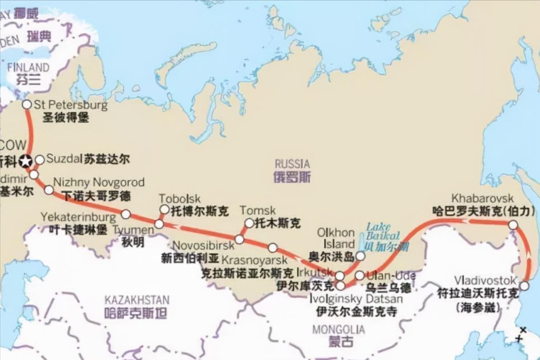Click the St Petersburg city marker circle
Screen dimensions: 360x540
[x=27, y=105]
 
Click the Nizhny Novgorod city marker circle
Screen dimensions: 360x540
[x=49, y=190]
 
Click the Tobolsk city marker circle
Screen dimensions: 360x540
[x=164, y=209]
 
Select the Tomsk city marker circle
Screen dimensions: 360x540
[x=249, y=223]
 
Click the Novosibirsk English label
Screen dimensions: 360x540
[x=197, y=245]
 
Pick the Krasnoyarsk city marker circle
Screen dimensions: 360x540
[x=272, y=248]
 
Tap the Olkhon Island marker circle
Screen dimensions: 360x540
[x=360, y=256]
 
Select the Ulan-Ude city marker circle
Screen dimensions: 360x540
[x=359, y=275]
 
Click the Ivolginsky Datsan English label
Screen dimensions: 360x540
[x=356, y=299]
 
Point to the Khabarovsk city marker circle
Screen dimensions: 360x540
[x=513, y=225]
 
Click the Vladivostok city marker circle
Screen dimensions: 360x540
[x=524, y=286]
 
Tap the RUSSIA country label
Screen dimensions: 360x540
[x=292, y=164]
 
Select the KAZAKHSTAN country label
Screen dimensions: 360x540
[x=137, y=300]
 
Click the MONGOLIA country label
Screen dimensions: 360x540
[x=338, y=329]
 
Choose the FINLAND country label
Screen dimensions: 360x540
[x=28, y=67]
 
